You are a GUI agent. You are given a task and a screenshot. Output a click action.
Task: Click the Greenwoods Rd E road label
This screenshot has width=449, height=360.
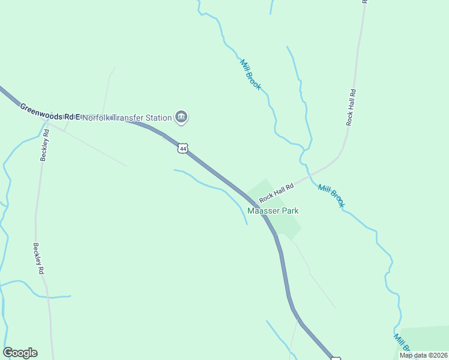pyautogui.click(x=49, y=112)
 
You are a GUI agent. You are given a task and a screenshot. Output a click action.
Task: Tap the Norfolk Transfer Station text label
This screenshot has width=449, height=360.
pyautogui.click(x=127, y=118)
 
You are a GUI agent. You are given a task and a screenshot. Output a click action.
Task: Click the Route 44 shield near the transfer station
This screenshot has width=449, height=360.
pyautogui.click(x=182, y=148)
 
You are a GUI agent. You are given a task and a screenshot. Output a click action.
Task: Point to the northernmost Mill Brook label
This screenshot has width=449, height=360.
pyautogui.click(x=250, y=74)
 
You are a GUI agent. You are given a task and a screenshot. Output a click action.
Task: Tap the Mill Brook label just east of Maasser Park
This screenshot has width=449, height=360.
pyautogui.click(x=332, y=196)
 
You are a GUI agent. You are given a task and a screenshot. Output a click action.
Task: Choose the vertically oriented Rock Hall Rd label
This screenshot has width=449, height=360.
pyautogui.click(x=351, y=107)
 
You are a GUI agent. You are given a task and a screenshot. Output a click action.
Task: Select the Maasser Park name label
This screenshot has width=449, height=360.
pyautogui.click(x=273, y=211)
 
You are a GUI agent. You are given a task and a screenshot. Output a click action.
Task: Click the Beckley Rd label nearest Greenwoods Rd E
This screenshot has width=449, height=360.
pyautogui.click(x=44, y=145)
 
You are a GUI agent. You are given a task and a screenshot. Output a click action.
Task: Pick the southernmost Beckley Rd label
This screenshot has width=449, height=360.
pyautogui.click(x=38, y=259)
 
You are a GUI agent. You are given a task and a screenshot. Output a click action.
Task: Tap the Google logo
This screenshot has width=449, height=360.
pyautogui.click(x=20, y=353)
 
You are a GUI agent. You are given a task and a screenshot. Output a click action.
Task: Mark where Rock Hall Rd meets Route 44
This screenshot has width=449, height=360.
pyautogui.click(x=252, y=203)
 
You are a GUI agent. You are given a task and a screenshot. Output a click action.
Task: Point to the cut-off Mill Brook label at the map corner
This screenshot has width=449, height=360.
pyautogui.click(x=401, y=344)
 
